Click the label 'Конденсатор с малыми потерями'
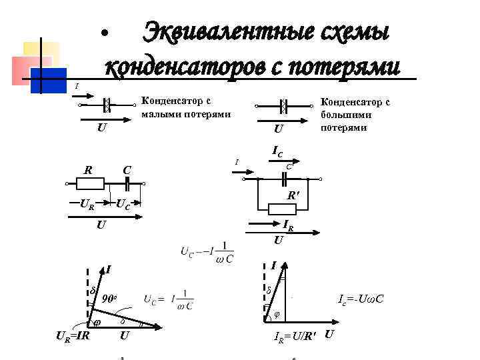pos(186,107)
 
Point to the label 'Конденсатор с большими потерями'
pos(355,114)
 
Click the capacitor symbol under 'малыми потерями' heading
pos(107,105)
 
